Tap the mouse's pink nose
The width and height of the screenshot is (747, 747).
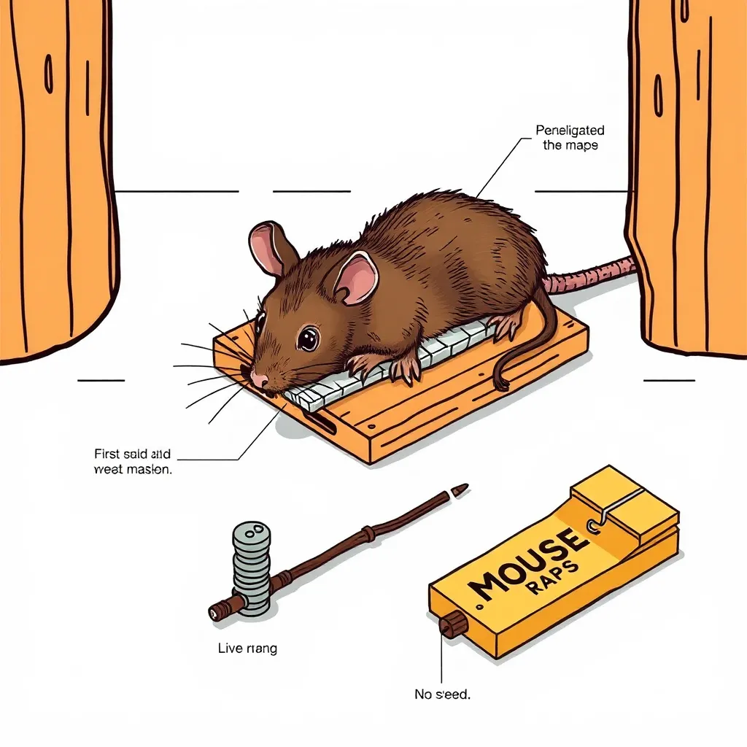(x=259, y=379)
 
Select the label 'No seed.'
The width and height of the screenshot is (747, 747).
(x=442, y=694)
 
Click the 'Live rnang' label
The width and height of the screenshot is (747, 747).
(x=247, y=647)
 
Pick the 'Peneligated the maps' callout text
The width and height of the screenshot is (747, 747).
(x=570, y=137)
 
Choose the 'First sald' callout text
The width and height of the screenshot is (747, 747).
(x=133, y=462)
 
